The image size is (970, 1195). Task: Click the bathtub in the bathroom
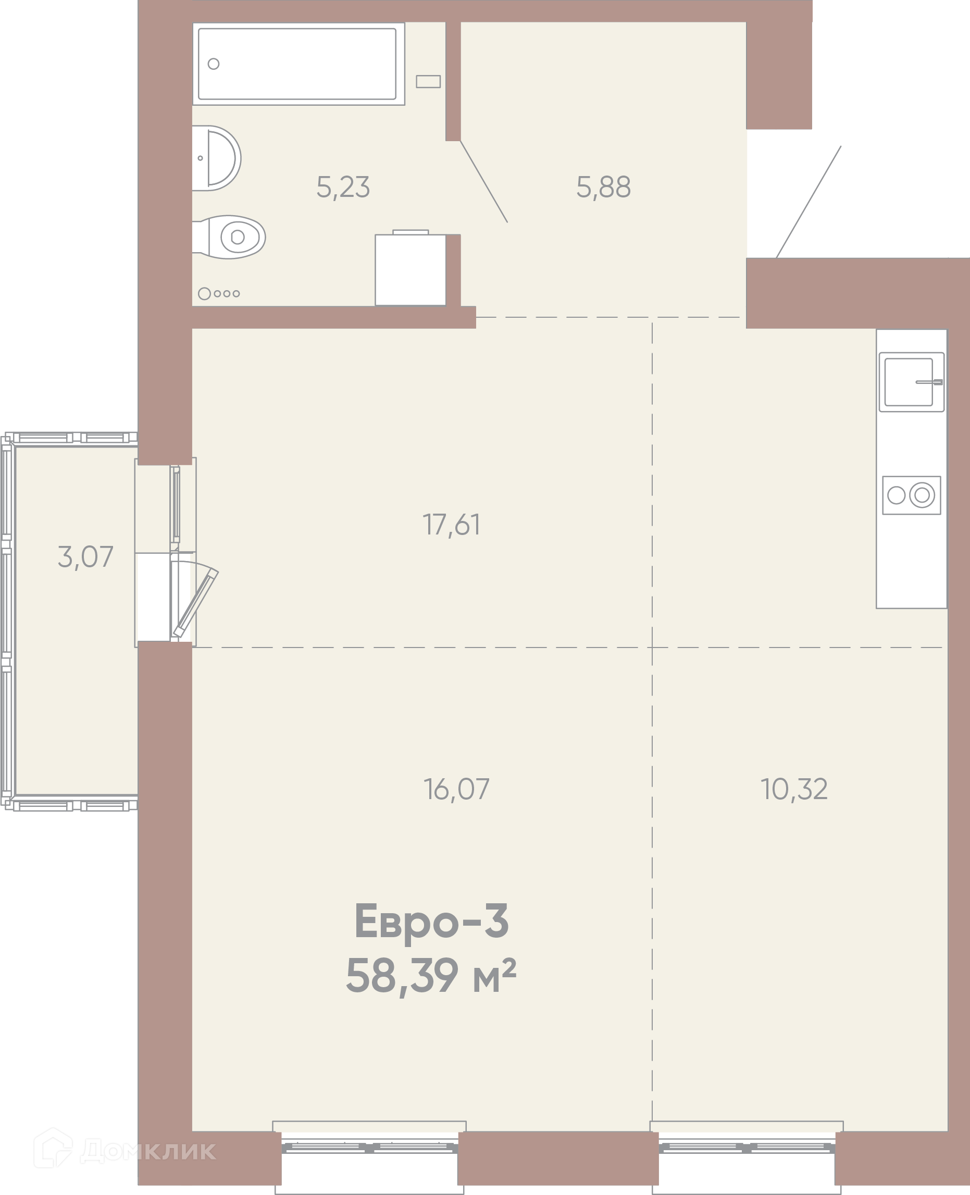[299, 64]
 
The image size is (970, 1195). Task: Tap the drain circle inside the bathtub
[214, 64]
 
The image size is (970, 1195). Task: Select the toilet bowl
[229, 237]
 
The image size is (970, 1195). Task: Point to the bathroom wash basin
[216, 158]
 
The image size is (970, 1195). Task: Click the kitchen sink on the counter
[911, 382]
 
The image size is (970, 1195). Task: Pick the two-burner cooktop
[911, 495]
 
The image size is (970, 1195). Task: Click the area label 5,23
[343, 187]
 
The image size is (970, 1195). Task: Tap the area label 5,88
[603, 187]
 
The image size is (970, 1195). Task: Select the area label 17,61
[452, 525]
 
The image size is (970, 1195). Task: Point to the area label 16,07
[456, 789]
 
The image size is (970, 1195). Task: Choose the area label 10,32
[794, 789]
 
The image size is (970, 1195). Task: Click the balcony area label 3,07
[85, 557]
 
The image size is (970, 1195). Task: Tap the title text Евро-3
[431, 921]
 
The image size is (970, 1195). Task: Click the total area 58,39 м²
[431, 976]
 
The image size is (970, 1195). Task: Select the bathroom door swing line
[484, 182]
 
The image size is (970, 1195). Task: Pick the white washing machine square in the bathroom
[411, 270]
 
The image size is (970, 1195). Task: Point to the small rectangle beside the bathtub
[428, 82]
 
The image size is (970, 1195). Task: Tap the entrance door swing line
[809, 202]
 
